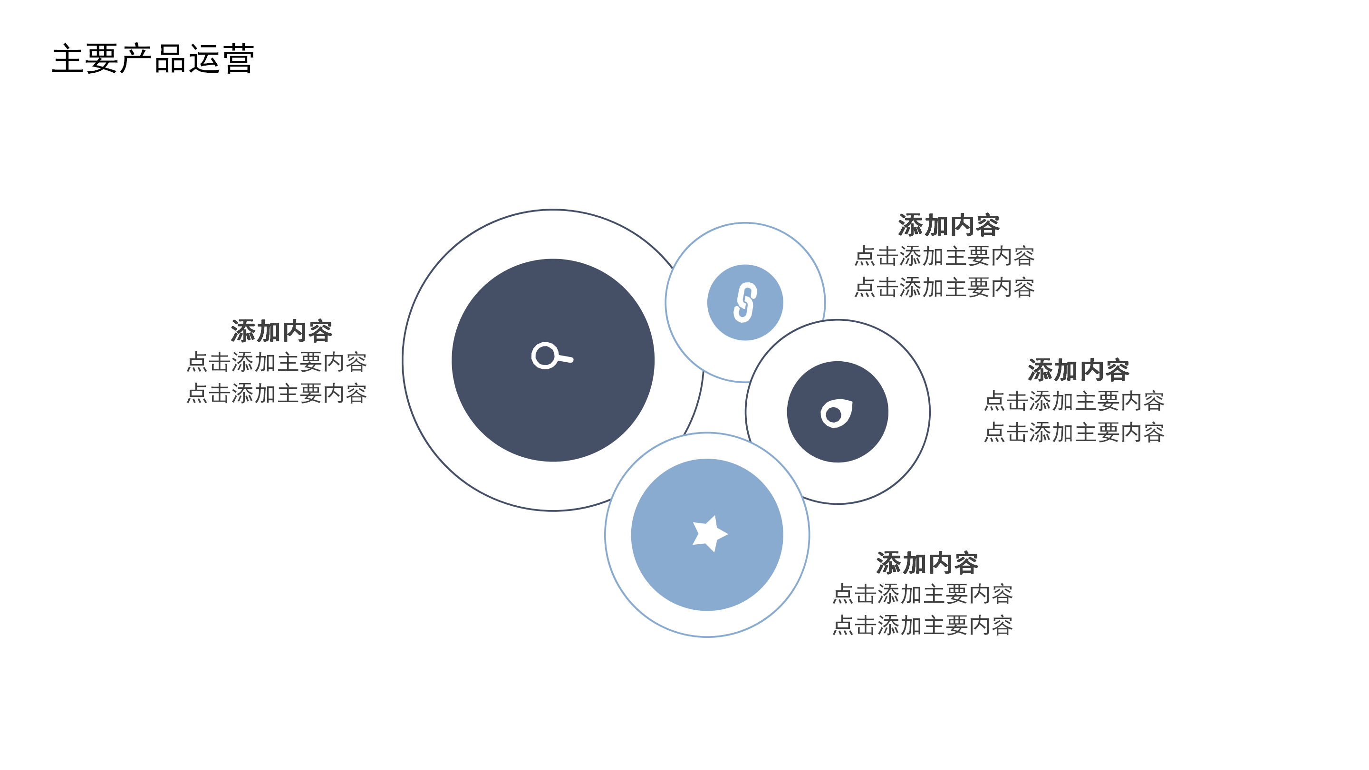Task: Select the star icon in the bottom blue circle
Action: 709,533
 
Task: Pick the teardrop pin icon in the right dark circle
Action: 837,413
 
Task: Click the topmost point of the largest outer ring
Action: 553,210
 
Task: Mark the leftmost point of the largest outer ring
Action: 403,360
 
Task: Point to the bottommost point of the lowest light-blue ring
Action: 707,636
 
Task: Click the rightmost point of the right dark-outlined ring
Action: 929,412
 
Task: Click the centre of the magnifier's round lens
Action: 545,356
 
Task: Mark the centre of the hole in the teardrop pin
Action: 833,414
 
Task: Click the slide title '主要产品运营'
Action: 154,58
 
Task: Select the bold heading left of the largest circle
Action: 282,331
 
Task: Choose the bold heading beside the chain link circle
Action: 949,225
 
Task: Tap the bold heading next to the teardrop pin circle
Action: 1079,370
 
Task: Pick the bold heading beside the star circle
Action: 927,563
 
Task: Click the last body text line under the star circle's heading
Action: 923,626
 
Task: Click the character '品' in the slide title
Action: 171,59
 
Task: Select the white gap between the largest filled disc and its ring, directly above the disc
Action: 553,234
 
